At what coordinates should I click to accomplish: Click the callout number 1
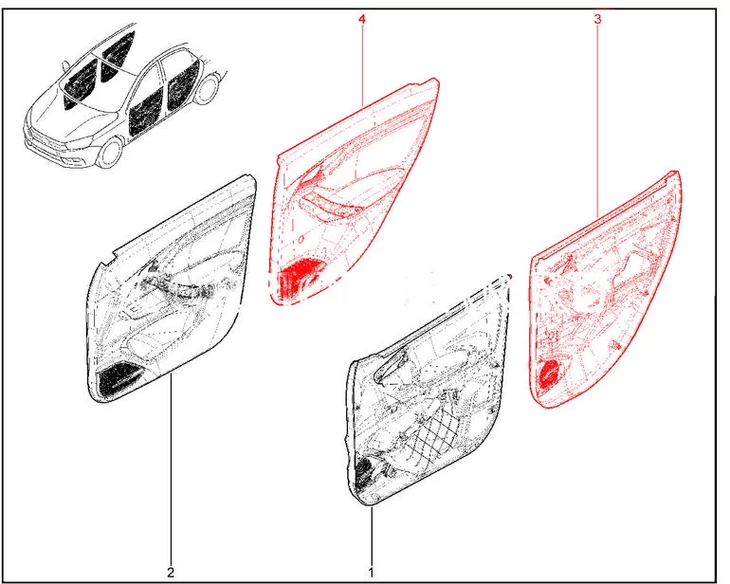[371, 572]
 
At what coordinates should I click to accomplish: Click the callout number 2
[171, 572]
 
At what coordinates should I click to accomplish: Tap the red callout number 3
[598, 20]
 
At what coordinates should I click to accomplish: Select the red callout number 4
[362, 20]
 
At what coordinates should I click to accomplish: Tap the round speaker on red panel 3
[550, 374]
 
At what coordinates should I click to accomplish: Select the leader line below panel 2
[171, 470]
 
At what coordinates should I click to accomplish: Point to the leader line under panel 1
[372, 537]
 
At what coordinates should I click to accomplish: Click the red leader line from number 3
[598, 121]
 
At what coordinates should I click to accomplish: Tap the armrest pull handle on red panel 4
[326, 209]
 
